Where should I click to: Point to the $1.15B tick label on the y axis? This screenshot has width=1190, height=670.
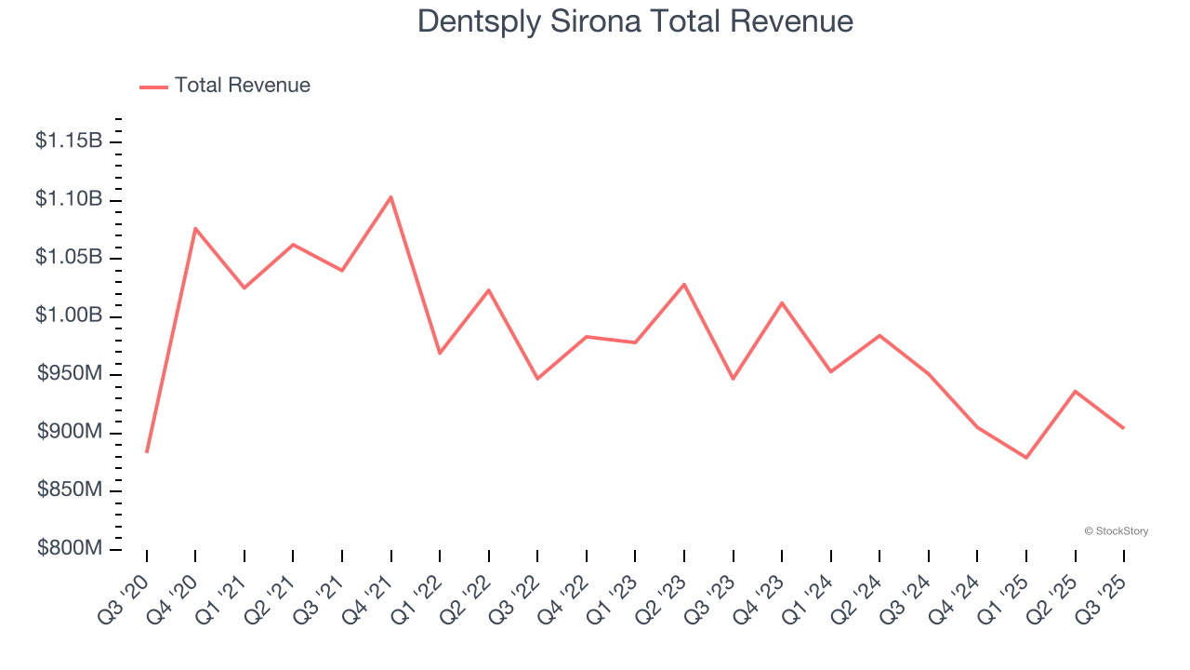click(x=68, y=141)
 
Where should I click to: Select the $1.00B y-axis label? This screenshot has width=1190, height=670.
click(x=68, y=316)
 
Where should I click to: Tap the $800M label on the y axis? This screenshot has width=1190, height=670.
click(x=70, y=549)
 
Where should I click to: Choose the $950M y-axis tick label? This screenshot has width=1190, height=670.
click(x=70, y=375)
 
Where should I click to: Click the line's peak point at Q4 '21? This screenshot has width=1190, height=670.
click(x=391, y=196)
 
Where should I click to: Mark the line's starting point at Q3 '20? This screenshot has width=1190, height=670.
click(x=147, y=452)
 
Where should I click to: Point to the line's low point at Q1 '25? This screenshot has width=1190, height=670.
click(x=1026, y=458)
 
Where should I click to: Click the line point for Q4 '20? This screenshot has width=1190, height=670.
click(x=195, y=228)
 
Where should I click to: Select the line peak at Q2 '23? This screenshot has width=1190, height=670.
click(x=684, y=284)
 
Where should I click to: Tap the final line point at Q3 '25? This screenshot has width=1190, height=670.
click(x=1124, y=428)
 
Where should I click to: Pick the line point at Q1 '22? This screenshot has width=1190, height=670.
click(x=440, y=353)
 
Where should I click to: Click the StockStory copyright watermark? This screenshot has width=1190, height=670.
click(x=1116, y=531)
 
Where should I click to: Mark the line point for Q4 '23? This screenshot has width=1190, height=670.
click(x=782, y=302)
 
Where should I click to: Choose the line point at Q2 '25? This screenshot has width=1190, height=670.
click(x=1076, y=391)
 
